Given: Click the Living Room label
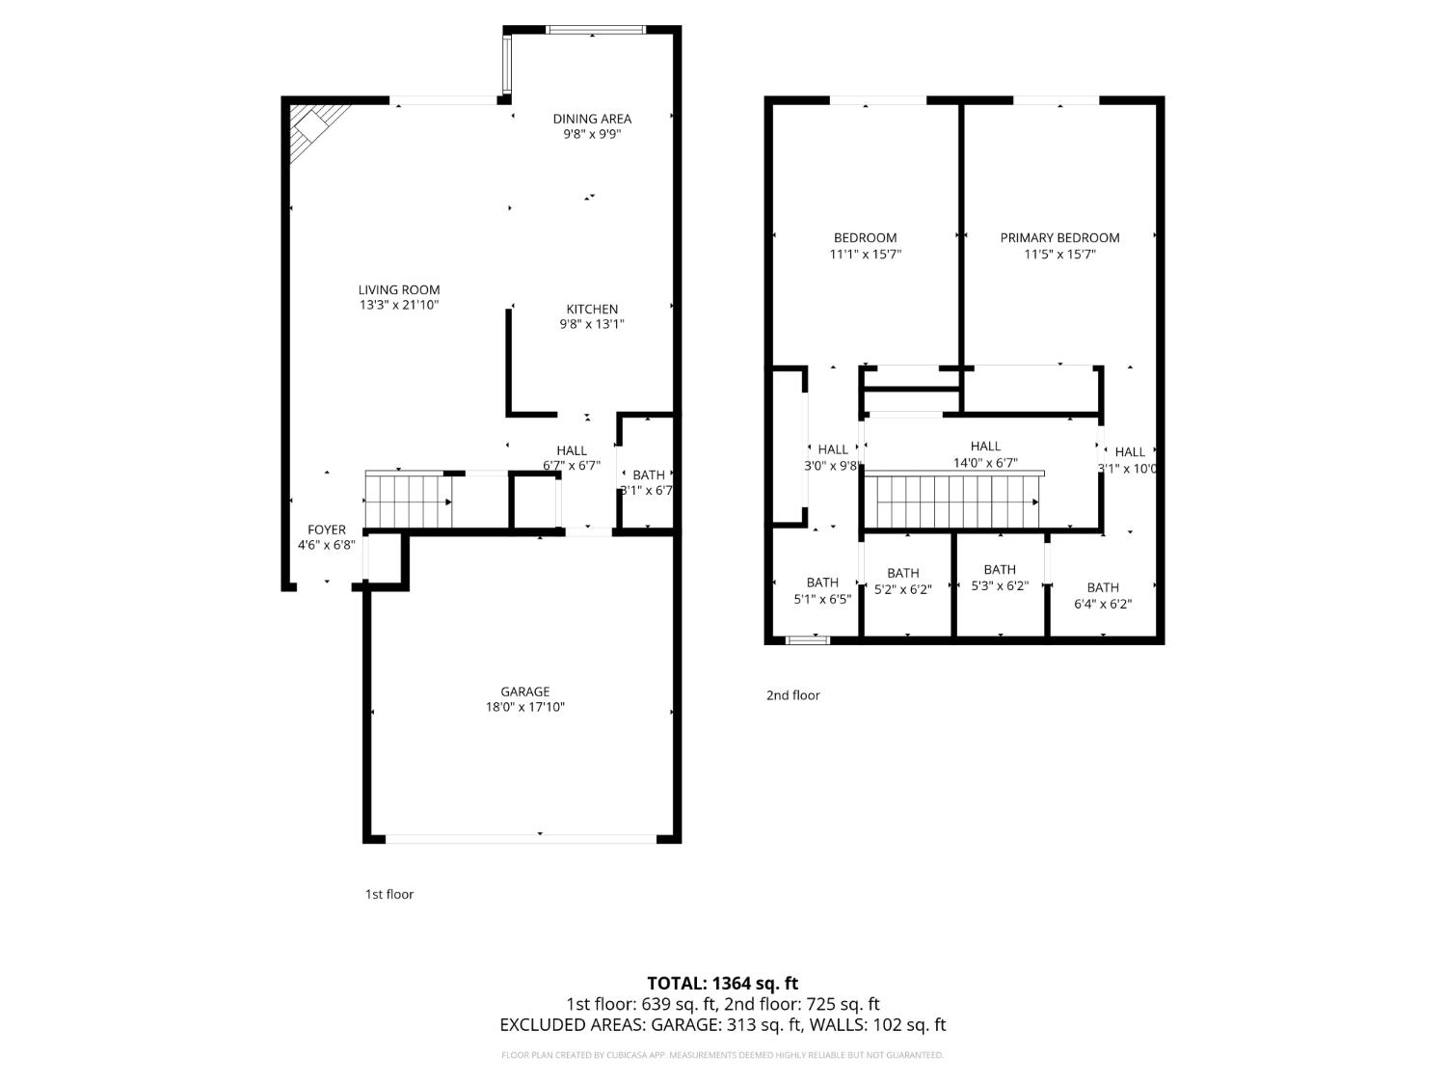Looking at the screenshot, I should (399, 289).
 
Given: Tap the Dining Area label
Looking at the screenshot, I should (592, 119).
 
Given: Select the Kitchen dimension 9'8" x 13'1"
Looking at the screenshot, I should (592, 325).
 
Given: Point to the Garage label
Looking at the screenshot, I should (524, 692).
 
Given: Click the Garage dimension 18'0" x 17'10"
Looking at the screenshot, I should (524, 708).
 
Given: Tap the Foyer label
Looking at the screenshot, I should (327, 529).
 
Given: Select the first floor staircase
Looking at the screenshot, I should (408, 502).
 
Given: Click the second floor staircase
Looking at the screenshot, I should (954, 502).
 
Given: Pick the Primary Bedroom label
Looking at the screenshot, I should (1059, 238).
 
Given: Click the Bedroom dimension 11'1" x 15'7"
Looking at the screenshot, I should (865, 255).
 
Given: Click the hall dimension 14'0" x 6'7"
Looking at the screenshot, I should (985, 463).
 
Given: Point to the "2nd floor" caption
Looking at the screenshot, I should (792, 695).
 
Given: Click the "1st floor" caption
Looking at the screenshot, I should (388, 895).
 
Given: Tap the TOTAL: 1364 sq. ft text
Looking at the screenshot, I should (722, 984).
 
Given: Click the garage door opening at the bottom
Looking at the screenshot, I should (522, 839).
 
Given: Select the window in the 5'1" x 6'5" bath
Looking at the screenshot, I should (808, 638).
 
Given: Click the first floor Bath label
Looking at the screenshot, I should (649, 475).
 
